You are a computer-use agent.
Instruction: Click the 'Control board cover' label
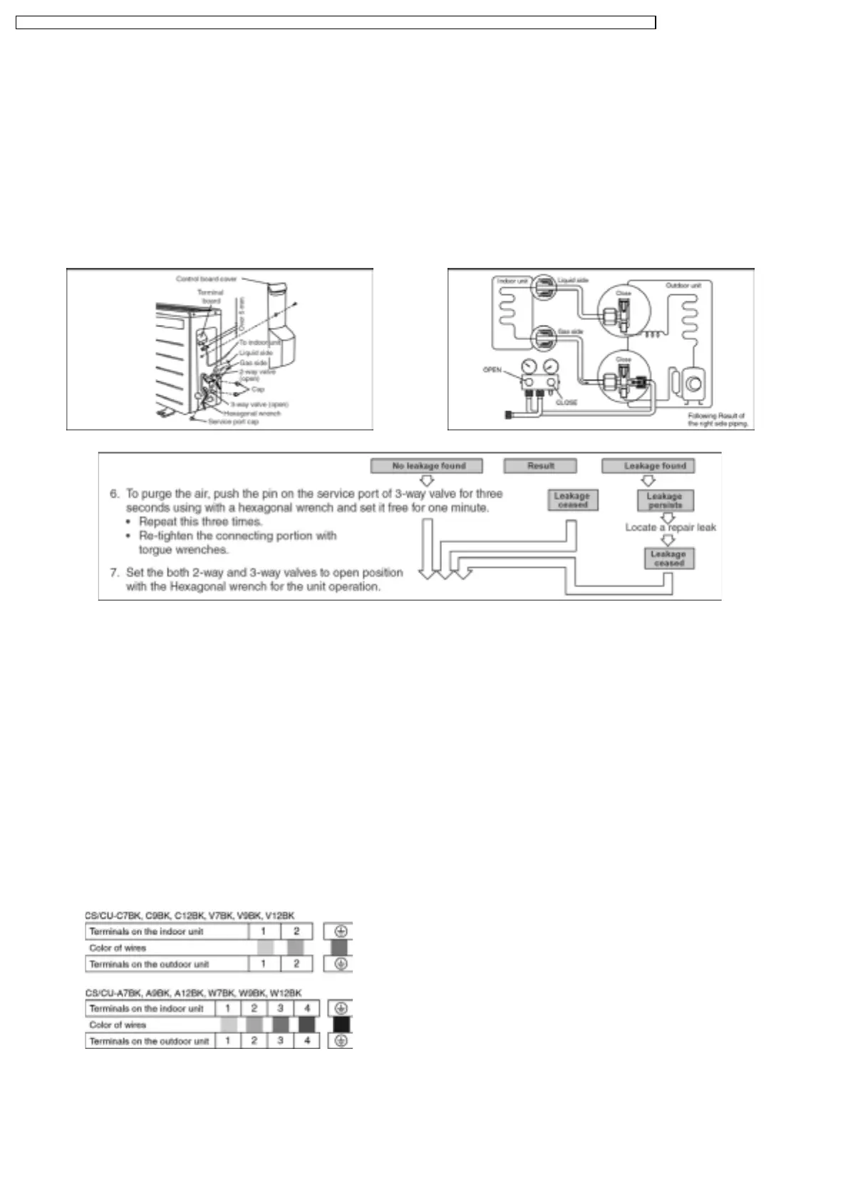(206, 279)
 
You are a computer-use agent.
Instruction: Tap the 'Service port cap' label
(233, 422)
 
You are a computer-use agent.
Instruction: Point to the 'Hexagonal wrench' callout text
(253, 413)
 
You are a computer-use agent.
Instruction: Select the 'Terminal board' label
(210, 296)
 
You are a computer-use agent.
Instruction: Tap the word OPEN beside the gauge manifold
(492, 370)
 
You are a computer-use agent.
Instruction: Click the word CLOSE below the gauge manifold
(567, 403)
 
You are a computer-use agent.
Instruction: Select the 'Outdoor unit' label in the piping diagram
(683, 286)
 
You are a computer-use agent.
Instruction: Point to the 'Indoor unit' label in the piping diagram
(512, 281)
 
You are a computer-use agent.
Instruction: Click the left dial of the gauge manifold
(529, 368)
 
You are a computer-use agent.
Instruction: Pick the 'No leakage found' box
(426, 466)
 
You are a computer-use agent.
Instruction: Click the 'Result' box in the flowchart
(540, 466)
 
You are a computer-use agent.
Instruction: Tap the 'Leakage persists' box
(665, 500)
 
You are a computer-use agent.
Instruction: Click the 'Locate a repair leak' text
(671, 527)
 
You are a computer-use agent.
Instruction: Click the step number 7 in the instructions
(114, 572)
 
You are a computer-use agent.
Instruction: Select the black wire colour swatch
(341, 1025)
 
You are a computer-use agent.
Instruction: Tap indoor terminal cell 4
(306, 1008)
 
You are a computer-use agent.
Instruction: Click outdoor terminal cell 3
(280, 1041)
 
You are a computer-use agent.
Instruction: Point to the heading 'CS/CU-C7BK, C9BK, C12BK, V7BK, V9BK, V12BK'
(190, 916)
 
